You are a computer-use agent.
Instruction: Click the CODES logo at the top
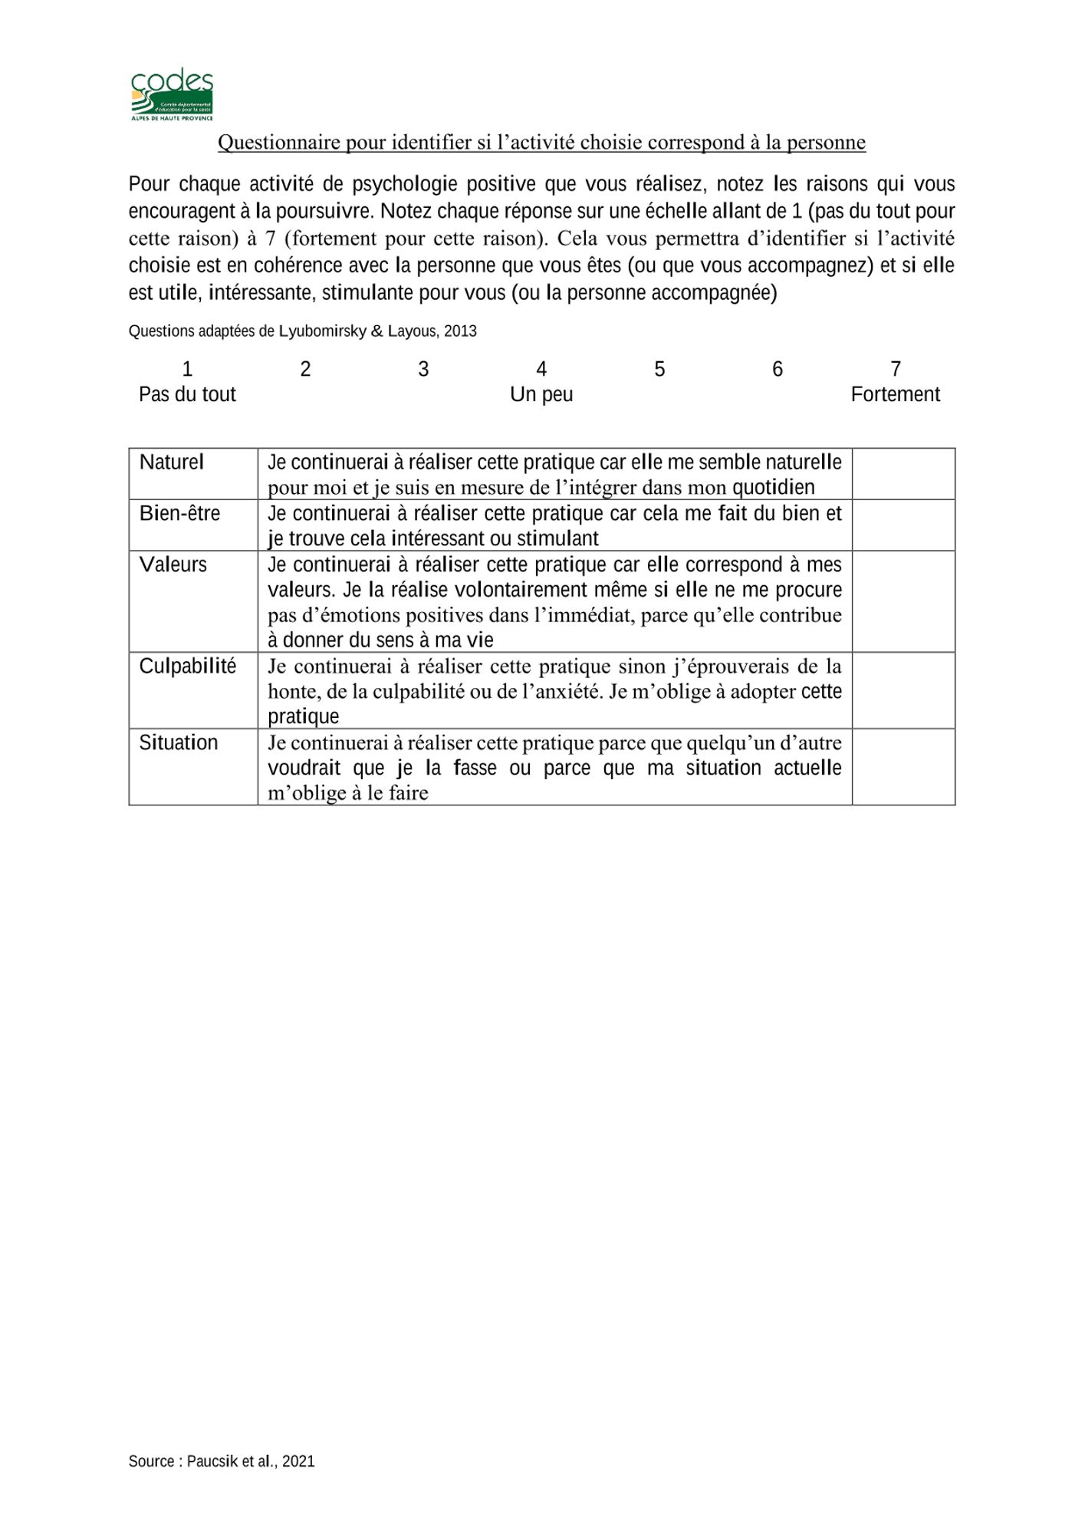[x=172, y=95]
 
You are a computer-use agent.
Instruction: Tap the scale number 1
[x=187, y=370]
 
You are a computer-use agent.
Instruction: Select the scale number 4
[x=541, y=370]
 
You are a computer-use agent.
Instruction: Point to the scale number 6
[x=778, y=370]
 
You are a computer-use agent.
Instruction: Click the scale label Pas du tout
[x=187, y=395]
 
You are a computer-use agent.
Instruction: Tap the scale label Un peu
[x=541, y=395]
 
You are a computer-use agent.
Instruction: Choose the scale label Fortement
[x=895, y=395]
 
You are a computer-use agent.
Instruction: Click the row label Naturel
[x=172, y=463]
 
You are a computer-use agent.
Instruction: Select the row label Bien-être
[x=179, y=513]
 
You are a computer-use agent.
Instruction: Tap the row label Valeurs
[x=173, y=565]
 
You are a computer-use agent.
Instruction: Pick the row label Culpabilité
[x=188, y=667]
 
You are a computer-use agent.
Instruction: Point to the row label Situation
[x=179, y=743]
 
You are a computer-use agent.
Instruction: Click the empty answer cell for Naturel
[x=903, y=474]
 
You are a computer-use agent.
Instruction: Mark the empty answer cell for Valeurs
[x=903, y=601]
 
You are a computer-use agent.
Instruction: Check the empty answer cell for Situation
[x=903, y=766]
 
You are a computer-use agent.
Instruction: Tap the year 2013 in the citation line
[x=460, y=331]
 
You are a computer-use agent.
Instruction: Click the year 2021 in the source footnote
[x=298, y=1462]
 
